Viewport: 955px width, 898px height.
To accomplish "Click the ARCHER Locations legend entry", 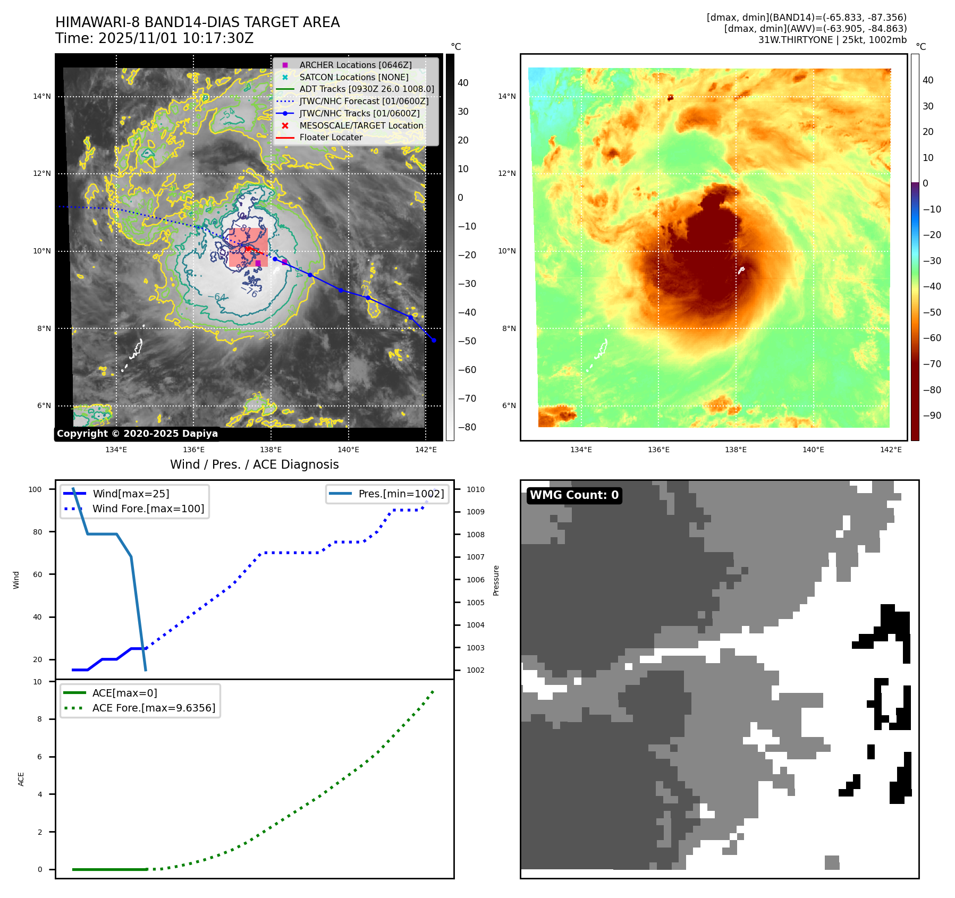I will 355,65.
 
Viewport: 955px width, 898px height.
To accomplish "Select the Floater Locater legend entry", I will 331,137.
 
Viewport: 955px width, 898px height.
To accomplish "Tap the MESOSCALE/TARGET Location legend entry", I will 361,125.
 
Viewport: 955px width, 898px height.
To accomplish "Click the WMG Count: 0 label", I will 574,495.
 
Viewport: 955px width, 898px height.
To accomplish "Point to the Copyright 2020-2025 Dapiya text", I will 137,434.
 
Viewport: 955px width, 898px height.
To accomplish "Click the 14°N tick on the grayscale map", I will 42,97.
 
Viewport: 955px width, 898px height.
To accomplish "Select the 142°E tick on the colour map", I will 891,450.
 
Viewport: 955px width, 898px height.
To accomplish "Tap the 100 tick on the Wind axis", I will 35,489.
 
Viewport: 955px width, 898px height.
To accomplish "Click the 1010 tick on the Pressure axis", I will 476,489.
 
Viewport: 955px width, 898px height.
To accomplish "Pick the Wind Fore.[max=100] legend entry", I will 148,509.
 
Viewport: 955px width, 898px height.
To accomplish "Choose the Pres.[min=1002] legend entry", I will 401,494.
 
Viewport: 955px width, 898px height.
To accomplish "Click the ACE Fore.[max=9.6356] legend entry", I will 154,708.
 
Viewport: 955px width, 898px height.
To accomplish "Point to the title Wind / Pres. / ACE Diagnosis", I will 254,464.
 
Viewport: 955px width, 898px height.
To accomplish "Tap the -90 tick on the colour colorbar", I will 932,416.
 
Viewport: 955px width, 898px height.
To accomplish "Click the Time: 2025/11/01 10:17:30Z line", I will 154,39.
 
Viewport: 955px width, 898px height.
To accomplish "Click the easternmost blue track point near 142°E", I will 434,340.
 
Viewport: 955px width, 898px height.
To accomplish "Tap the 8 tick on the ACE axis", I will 39,719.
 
